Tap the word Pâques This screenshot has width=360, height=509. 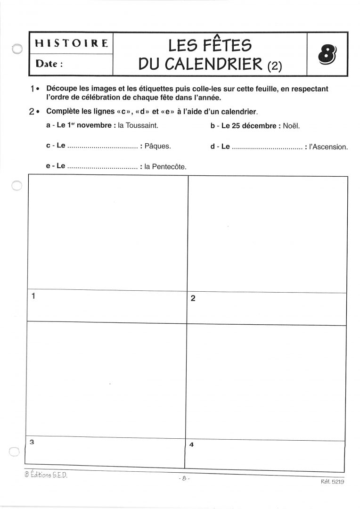(x=157, y=147)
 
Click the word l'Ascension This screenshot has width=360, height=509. (x=328, y=147)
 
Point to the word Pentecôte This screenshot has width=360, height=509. (x=170, y=166)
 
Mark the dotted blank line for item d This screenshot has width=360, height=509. (x=267, y=147)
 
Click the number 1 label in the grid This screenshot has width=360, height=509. (x=33, y=296)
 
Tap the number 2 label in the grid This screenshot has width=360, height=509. (x=192, y=298)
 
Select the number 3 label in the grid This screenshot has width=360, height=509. (x=32, y=442)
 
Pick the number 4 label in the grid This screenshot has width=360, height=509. (x=191, y=444)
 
